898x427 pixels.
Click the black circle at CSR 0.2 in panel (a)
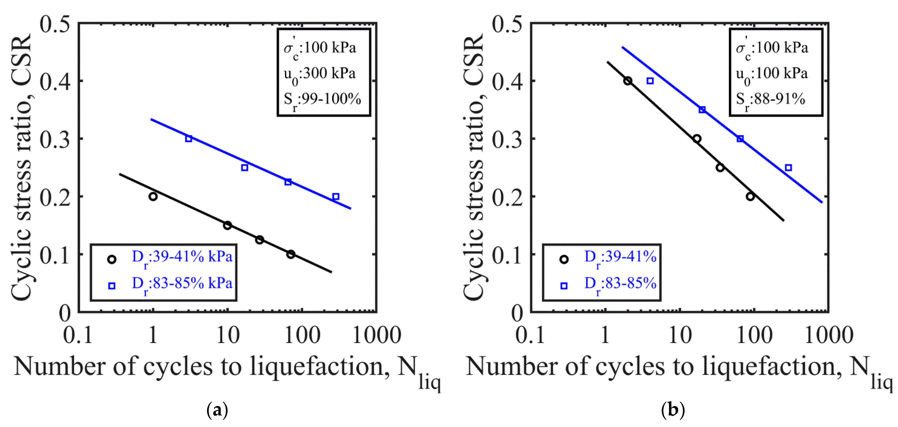point(153,196)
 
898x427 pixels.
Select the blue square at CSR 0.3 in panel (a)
point(189,139)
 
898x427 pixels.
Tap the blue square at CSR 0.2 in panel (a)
point(336,196)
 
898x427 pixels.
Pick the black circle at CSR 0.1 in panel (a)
point(291,254)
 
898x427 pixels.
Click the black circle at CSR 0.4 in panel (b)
point(628,81)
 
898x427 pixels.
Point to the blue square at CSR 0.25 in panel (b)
point(788,168)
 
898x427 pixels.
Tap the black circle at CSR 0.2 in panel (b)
point(750,196)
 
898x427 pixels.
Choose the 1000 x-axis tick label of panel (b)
point(829,335)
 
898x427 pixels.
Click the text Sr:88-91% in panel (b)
point(770,100)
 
